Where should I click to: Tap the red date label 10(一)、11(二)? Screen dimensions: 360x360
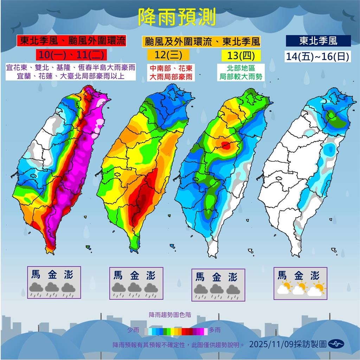tap(70, 55)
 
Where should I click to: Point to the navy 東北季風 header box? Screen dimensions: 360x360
tap(318, 41)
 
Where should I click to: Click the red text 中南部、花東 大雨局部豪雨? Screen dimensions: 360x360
tap(171, 72)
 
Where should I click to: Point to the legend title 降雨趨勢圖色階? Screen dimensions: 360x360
tap(170, 314)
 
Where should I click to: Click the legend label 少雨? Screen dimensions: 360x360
tap(134, 330)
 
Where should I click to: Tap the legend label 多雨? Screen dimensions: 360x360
tap(214, 330)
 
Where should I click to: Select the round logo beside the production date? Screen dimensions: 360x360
tap(336, 344)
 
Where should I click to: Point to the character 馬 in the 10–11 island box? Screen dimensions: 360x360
tap(36, 274)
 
